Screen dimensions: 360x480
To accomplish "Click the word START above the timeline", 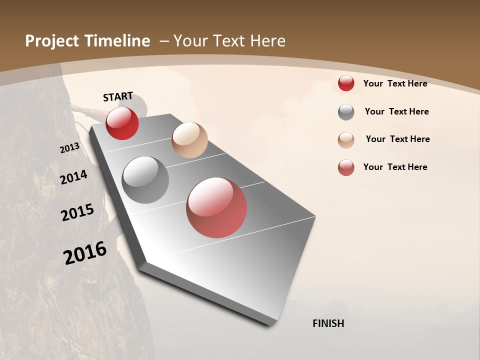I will click(118, 96).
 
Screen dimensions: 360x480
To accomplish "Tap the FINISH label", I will click(328, 323).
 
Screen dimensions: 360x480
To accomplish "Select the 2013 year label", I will click(69, 148).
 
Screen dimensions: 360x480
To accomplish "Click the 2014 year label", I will click(73, 177).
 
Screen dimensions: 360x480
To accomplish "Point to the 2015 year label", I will click(77, 212).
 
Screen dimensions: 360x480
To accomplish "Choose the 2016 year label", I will click(85, 252).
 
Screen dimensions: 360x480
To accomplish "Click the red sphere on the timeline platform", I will click(122, 123).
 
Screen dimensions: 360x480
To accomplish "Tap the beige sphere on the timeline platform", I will click(189, 140).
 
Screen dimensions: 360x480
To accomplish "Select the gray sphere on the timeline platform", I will click(145, 180).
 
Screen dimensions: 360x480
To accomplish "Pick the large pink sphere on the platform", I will click(216, 207).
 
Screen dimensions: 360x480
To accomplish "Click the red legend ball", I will click(346, 83).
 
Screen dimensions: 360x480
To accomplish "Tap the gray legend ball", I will click(346, 112).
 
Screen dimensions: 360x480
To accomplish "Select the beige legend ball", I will click(346, 139).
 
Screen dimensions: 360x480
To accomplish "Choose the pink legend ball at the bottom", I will click(346, 167).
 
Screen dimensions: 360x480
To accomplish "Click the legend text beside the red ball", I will click(395, 83).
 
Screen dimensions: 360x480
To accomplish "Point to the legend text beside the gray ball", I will click(396, 111).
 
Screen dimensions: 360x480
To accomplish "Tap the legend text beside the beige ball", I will click(397, 139).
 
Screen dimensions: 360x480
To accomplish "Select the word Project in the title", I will click(51, 41).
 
